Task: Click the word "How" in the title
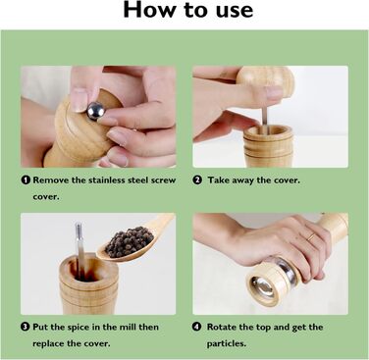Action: click(149, 10)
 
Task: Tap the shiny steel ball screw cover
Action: click(96, 111)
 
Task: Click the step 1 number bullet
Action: click(26, 180)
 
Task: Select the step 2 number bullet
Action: click(197, 180)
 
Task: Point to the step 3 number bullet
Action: click(26, 327)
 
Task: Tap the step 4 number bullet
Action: click(196, 327)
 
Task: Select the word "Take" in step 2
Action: click(219, 180)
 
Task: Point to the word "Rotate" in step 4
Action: click(222, 327)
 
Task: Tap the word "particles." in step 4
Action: click(226, 344)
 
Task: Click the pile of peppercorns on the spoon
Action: click(129, 241)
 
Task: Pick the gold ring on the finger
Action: click(311, 237)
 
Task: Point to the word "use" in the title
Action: click(235, 11)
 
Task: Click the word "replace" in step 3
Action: click(48, 344)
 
